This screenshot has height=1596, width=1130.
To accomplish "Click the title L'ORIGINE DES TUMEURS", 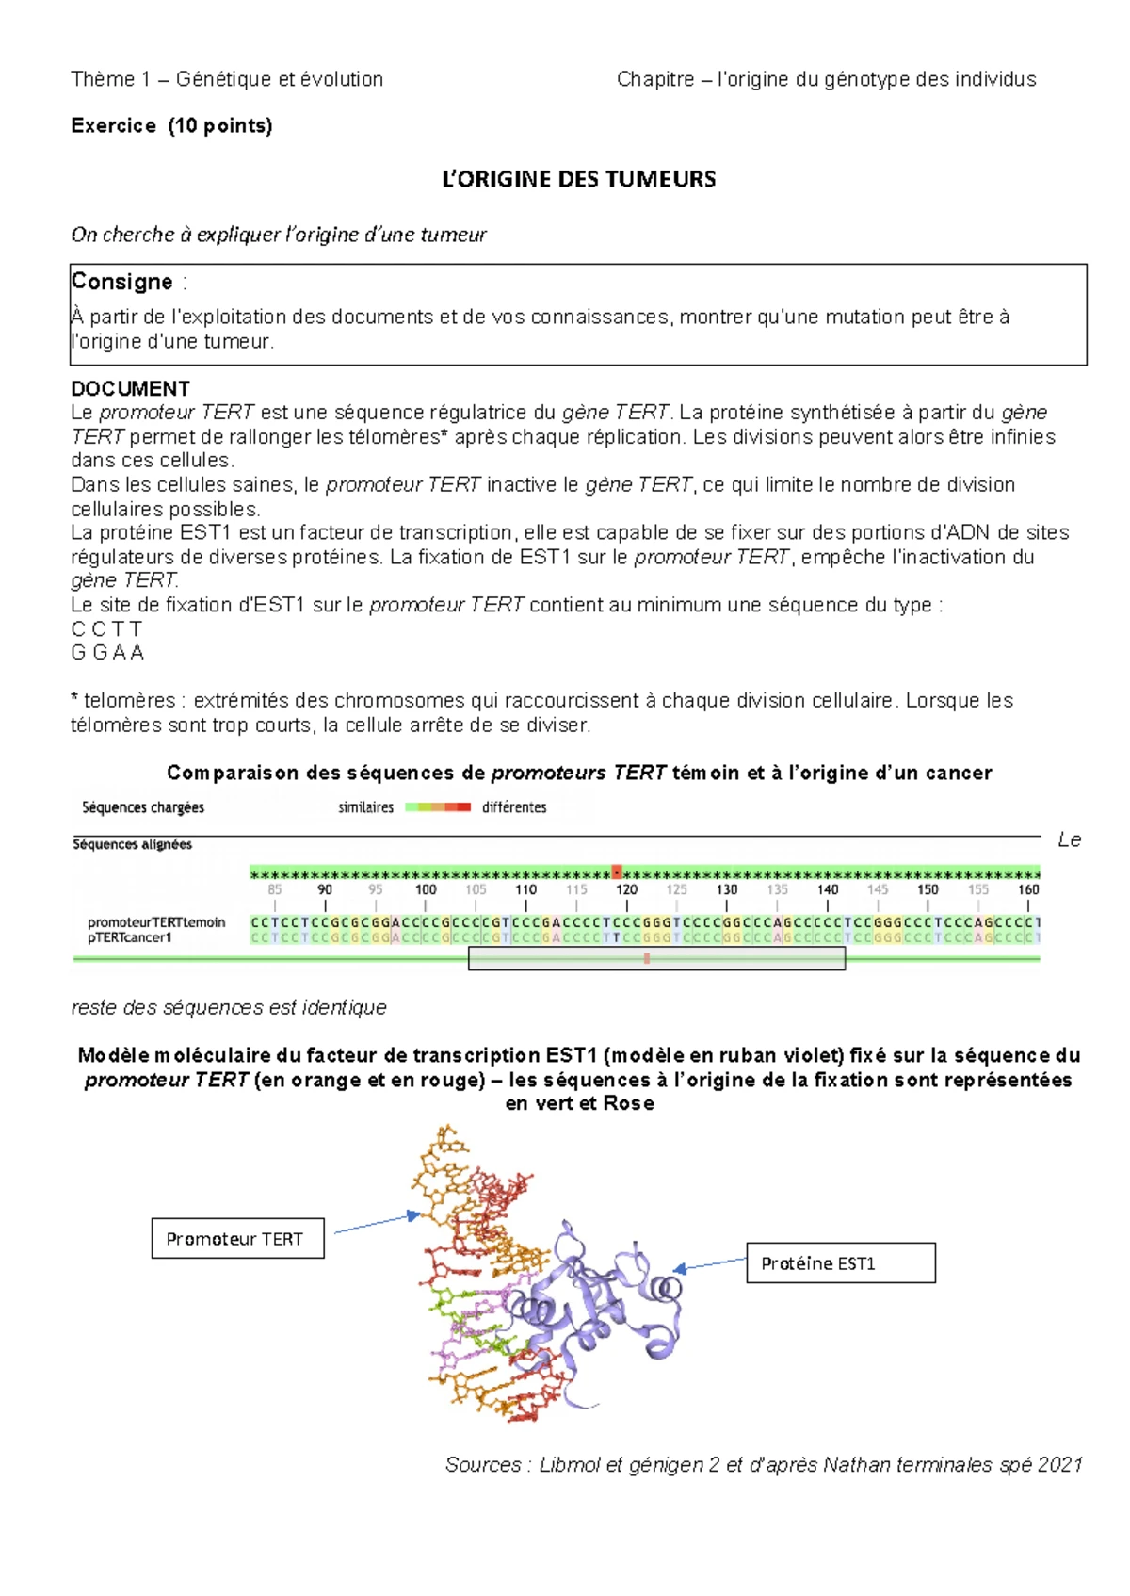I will point(578,179).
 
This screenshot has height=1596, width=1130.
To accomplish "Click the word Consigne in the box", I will point(121,282).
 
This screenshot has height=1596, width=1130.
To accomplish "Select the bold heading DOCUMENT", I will point(130,388).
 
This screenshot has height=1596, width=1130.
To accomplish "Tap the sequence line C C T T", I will point(106,628).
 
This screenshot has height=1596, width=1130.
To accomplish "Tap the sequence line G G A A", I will point(107,652).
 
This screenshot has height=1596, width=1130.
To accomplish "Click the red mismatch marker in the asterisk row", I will point(617,872).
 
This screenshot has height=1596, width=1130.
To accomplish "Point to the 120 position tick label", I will point(626,889).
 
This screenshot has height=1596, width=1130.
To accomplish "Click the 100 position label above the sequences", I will point(426,889).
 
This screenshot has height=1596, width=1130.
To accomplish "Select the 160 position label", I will point(1027,889).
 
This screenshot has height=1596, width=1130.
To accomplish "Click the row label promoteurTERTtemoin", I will point(156,922).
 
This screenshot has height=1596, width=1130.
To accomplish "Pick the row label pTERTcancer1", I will point(129,937).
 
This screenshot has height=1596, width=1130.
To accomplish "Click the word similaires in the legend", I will point(365,807).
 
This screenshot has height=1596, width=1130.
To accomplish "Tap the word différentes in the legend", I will point(514,807).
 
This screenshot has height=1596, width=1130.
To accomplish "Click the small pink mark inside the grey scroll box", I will point(647,958).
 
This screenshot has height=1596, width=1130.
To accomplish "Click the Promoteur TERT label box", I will point(237,1238).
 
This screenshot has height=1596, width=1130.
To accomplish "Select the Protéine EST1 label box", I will point(841,1262).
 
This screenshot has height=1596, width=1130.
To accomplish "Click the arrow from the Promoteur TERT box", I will point(376,1223).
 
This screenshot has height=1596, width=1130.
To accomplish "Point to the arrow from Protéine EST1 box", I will point(711,1263).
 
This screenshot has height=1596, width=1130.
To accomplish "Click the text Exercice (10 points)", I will point(171,125).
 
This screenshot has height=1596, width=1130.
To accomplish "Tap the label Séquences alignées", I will point(133,844).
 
